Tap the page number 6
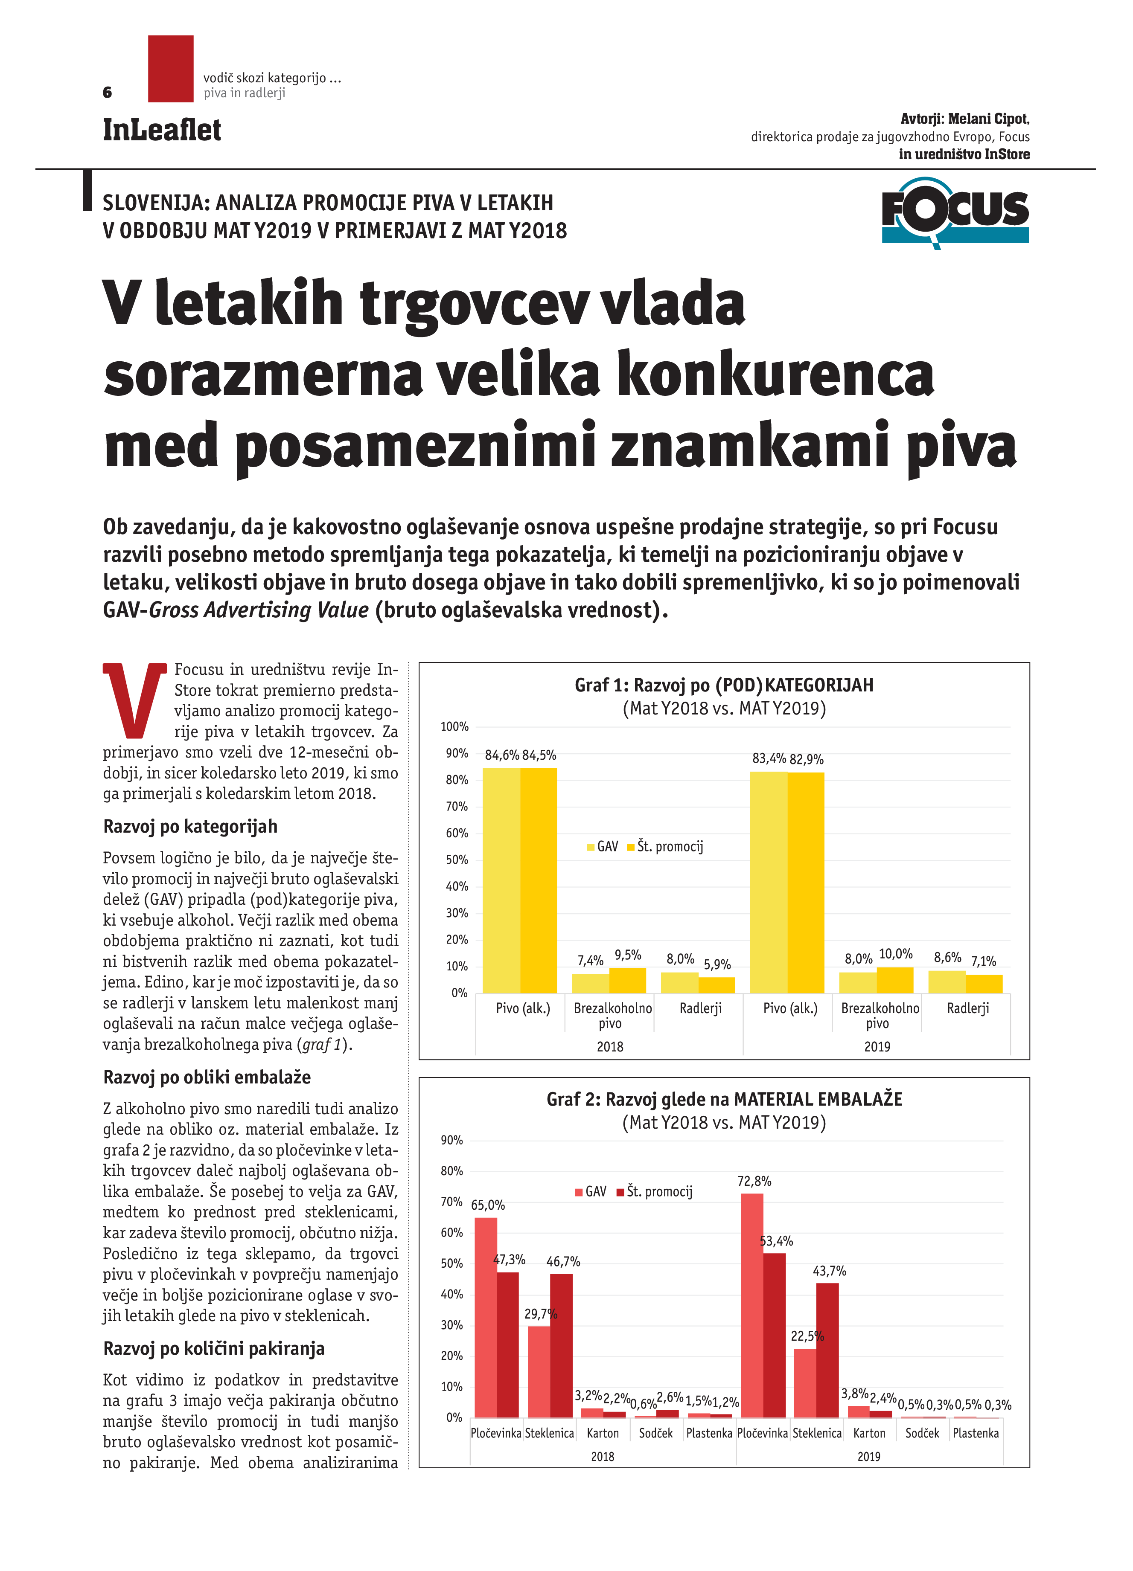point(108,92)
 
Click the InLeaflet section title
point(161,130)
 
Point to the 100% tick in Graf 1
point(454,726)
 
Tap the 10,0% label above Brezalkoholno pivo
point(895,954)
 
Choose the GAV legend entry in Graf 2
point(591,1191)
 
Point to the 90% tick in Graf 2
point(452,1140)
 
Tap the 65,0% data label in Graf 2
point(488,1205)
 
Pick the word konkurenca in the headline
point(774,375)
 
